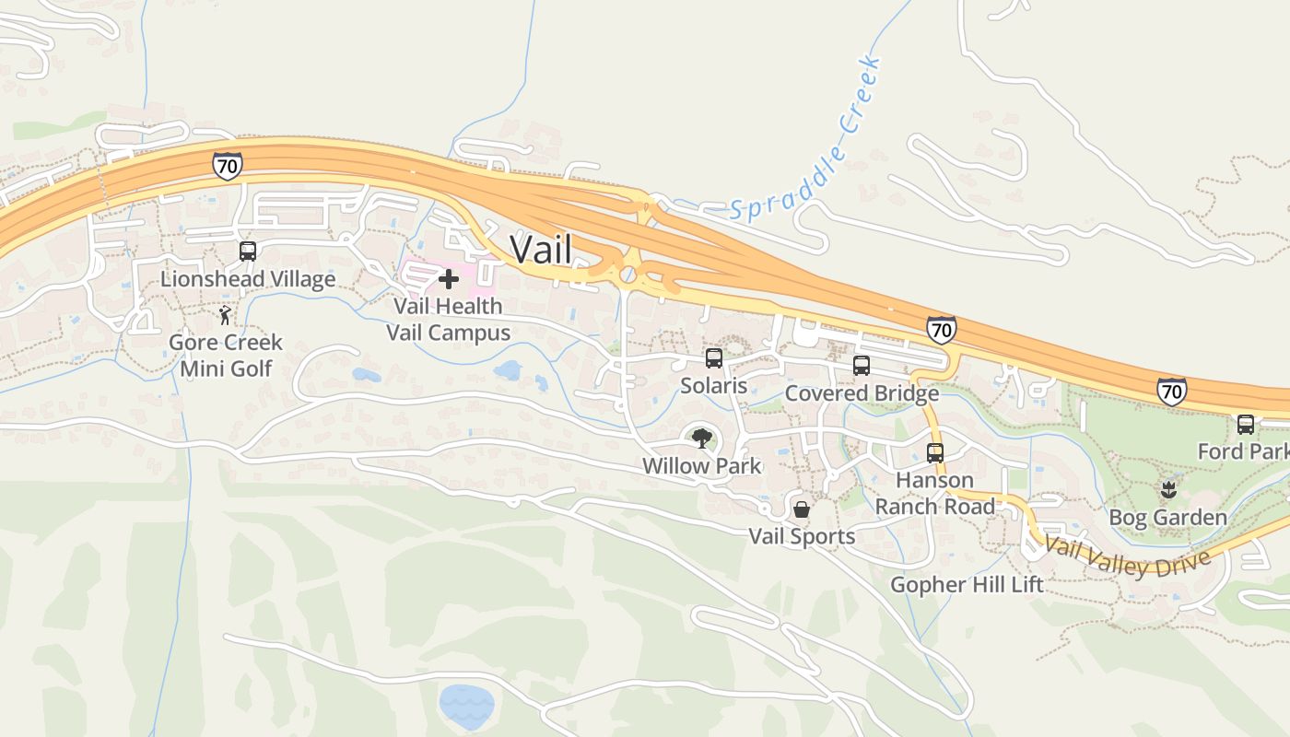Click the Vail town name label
(x=541, y=250)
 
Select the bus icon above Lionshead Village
(x=247, y=252)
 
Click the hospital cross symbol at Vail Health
(x=449, y=279)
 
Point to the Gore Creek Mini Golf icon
(x=226, y=316)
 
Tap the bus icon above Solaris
(x=713, y=358)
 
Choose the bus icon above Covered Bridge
(x=862, y=366)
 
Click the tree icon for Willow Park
(x=702, y=438)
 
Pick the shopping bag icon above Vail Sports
(x=802, y=509)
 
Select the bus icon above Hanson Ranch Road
(x=935, y=453)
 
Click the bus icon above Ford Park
(x=1246, y=425)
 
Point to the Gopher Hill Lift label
(x=967, y=585)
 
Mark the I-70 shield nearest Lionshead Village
(x=227, y=166)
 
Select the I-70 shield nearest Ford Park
(x=1172, y=391)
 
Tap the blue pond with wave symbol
(x=467, y=705)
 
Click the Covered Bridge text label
(x=862, y=393)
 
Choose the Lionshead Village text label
(x=248, y=279)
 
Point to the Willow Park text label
(x=702, y=466)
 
